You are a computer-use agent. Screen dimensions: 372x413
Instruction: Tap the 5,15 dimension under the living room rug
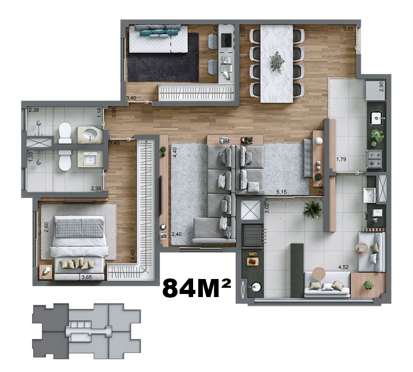coord(281,192)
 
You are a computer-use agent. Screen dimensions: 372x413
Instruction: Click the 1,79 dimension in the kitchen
coord(341,160)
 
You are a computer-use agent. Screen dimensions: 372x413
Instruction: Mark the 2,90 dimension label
coord(382,87)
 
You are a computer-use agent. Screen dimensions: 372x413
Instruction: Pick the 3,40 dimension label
coord(131,98)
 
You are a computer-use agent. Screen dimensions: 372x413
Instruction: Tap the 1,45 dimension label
coord(115,143)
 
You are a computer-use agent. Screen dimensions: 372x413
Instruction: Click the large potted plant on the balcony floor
coord(312,209)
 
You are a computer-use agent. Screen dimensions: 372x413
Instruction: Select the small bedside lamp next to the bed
coord(44,271)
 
